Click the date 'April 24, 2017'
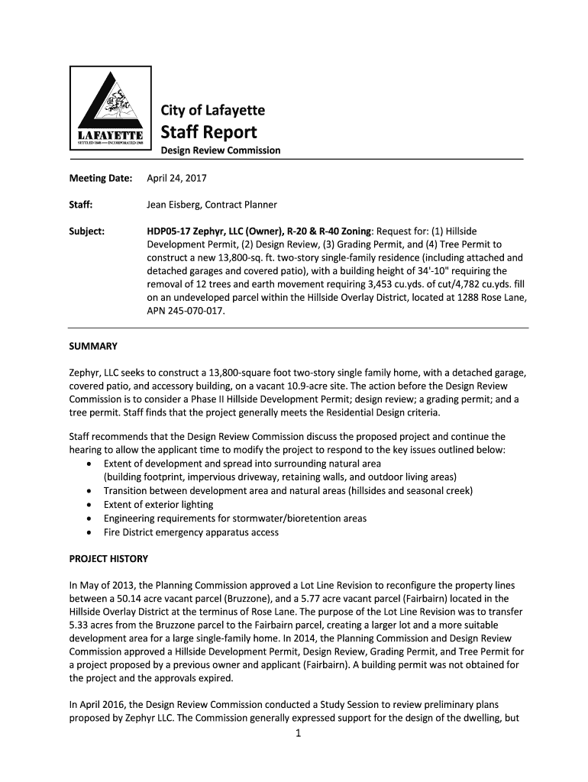(x=176, y=179)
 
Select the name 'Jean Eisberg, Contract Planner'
(x=212, y=205)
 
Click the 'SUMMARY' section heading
(x=93, y=346)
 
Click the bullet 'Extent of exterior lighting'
(x=159, y=505)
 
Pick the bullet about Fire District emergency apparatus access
(x=191, y=532)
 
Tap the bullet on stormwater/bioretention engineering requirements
(x=235, y=519)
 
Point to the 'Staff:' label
(x=81, y=205)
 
